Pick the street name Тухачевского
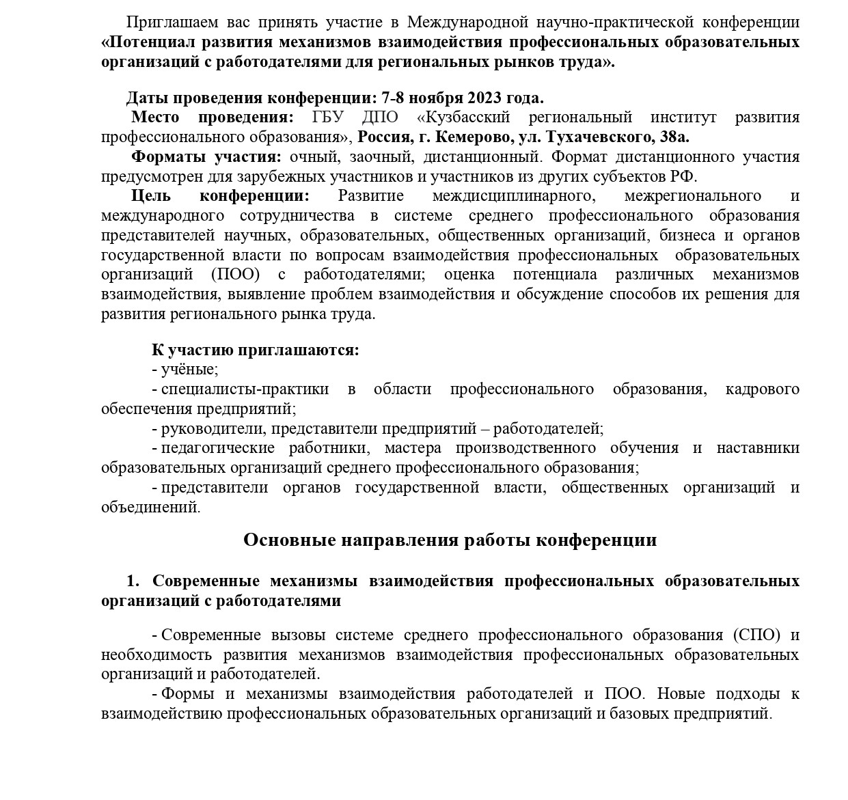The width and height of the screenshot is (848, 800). (x=598, y=137)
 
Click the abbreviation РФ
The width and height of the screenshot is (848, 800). (x=683, y=176)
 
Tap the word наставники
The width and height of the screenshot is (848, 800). (x=758, y=448)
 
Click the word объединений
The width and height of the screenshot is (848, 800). (x=150, y=508)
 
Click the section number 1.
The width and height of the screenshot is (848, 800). (x=133, y=581)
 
